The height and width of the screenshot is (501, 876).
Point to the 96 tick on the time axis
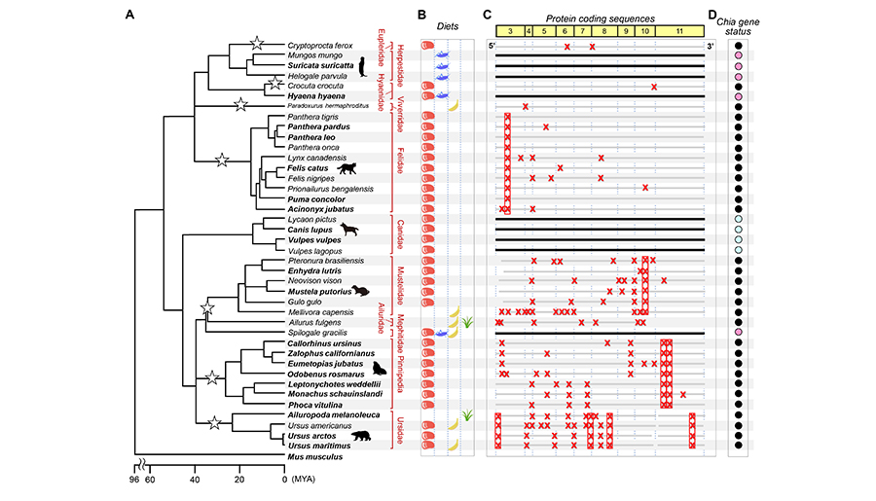[133, 479]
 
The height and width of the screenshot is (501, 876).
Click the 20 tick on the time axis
[239, 479]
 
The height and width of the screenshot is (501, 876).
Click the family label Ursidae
[398, 430]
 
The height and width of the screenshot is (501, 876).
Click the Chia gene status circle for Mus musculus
[739, 455]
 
